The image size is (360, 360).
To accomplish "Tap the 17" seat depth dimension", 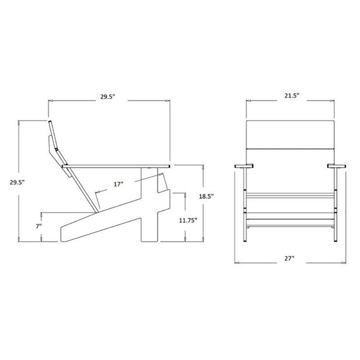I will point(118,184).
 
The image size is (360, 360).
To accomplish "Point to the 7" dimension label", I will point(38,227).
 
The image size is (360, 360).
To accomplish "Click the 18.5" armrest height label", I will point(206,196).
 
